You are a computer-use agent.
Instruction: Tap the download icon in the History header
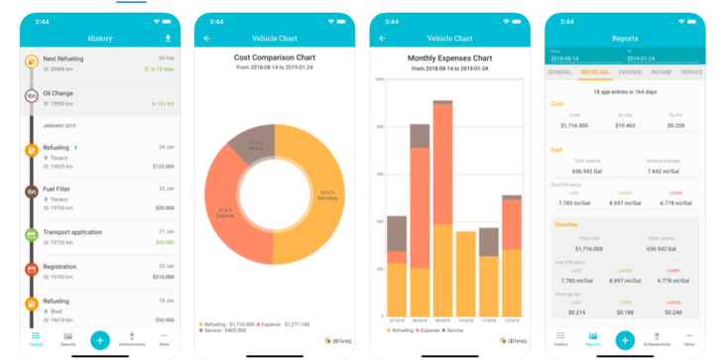(168, 38)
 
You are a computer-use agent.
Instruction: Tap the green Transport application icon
(32, 235)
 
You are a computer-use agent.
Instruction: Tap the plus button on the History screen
(99, 339)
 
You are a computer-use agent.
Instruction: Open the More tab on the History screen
(165, 340)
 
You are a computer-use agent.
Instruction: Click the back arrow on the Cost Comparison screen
(207, 39)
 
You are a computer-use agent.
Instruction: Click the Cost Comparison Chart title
(274, 57)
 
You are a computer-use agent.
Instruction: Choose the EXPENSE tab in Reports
(630, 72)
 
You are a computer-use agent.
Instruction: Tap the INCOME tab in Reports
(662, 72)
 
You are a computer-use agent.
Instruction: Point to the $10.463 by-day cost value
(625, 125)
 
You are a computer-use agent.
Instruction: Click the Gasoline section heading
(567, 225)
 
